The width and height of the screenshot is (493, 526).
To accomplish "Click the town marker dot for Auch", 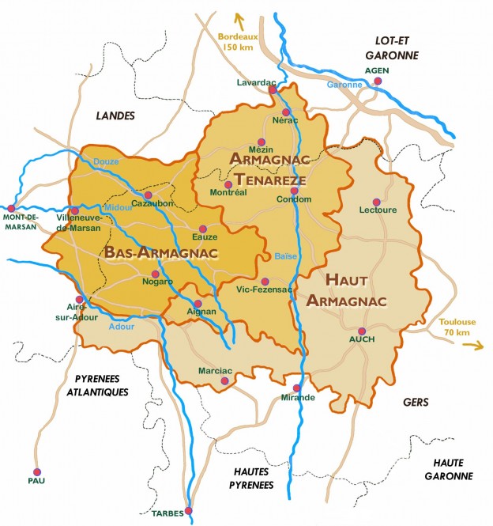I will click(x=361, y=331).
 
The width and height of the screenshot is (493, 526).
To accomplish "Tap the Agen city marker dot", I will click(x=378, y=81).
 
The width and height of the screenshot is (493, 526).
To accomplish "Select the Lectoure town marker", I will click(x=376, y=201).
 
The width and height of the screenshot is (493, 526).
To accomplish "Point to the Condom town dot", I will click(x=294, y=191).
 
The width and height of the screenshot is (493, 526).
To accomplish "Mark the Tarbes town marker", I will click(x=188, y=510).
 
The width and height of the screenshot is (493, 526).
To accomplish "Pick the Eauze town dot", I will click(x=202, y=228).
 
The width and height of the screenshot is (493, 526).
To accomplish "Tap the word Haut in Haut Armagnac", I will click(x=346, y=281).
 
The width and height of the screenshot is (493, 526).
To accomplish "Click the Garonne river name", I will click(x=342, y=84).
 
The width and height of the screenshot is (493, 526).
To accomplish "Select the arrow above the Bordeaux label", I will click(x=235, y=20).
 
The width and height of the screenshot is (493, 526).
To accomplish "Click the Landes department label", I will click(x=115, y=115).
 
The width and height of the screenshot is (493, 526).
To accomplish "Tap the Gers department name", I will click(x=416, y=402).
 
